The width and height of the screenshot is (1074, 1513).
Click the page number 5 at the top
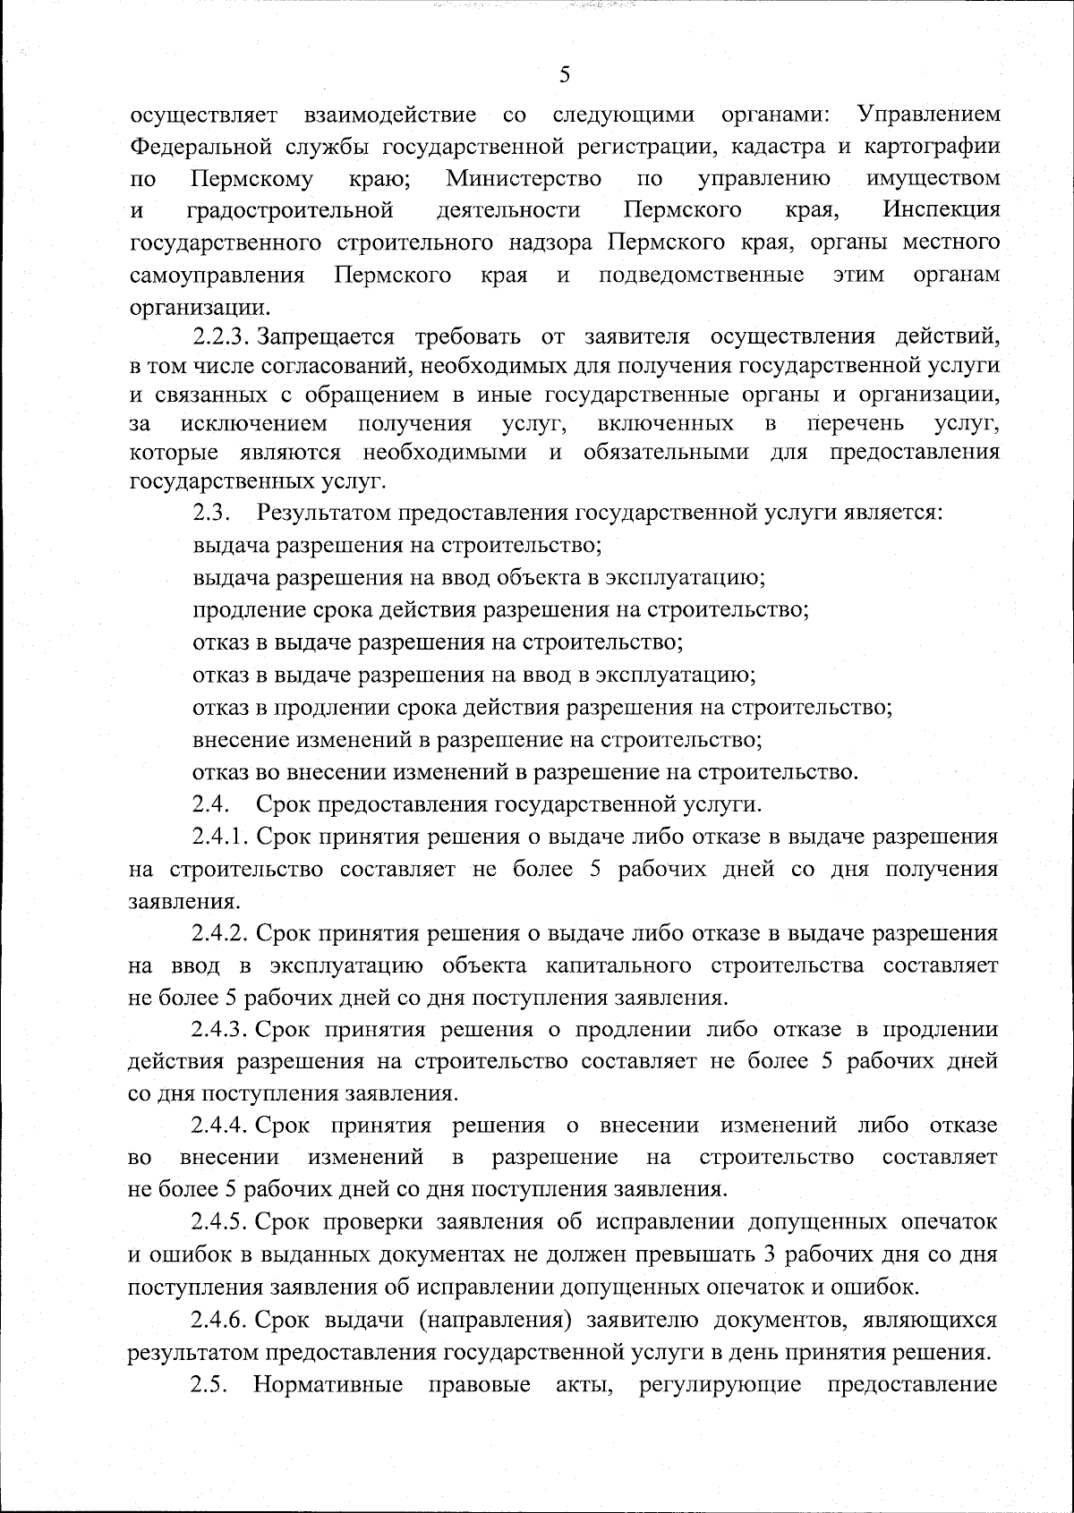coord(564,75)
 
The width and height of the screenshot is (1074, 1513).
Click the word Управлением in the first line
coord(928,115)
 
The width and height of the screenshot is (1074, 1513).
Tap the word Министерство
coord(524,178)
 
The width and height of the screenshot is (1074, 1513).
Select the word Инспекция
coord(941,210)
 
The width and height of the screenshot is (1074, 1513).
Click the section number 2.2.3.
coord(219,337)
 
